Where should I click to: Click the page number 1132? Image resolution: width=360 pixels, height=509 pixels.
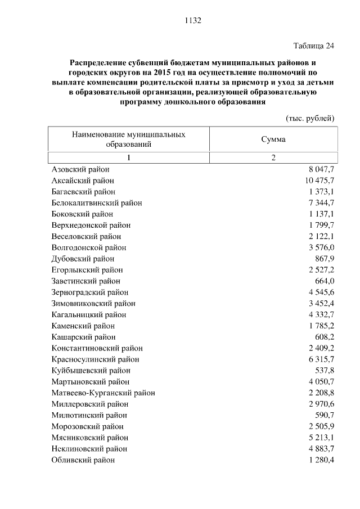tap(192, 21)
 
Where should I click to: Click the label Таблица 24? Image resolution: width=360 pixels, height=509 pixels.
tap(314, 46)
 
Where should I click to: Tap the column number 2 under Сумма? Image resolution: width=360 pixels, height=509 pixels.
tap(273, 157)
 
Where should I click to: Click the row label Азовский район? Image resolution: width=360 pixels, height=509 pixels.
tap(80, 169)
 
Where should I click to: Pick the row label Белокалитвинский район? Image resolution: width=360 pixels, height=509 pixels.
tap(96, 203)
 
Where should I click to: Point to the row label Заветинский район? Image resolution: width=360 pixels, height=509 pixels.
tap(85, 281)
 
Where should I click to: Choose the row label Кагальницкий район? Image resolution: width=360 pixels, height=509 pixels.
tap(88, 315)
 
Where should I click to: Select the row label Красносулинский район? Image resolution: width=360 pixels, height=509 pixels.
tap(95, 359)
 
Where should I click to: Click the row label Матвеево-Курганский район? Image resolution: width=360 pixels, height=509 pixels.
tap(103, 393)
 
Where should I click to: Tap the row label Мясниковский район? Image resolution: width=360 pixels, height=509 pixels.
tap(89, 438)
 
